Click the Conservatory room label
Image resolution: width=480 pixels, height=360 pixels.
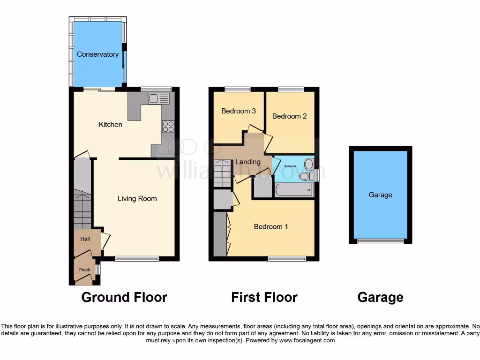pyautogui.click(x=97, y=54)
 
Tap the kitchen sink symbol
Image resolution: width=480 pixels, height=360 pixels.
pyautogui.click(x=158, y=98)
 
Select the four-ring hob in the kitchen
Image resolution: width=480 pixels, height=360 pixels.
pyautogui.click(x=168, y=127)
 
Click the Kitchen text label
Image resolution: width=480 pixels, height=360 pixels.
pyautogui.click(x=110, y=125)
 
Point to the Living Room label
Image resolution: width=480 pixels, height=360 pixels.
pyautogui.click(x=137, y=199)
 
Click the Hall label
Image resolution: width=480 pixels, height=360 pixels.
pyautogui.click(x=85, y=239)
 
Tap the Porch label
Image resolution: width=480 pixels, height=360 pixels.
pyautogui.click(x=84, y=270)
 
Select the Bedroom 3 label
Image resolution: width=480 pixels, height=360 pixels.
pyautogui.click(x=239, y=111)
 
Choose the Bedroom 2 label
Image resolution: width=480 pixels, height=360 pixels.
pyautogui.click(x=289, y=116)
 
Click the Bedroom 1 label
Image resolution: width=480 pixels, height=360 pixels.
pyautogui.click(x=271, y=227)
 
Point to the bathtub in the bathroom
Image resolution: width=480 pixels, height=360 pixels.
pyautogui.click(x=293, y=190)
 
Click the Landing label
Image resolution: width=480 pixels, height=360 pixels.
pyautogui.click(x=247, y=162)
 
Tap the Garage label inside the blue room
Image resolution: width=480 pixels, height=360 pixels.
pyautogui.click(x=380, y=195)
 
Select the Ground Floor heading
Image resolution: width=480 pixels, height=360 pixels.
pyautogui.click(x=124, y=297)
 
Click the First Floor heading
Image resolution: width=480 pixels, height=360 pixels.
pyautogui.click(x=264, y=297)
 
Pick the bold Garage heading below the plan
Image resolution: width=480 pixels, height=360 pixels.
pyautogui.click(x=380, y=297)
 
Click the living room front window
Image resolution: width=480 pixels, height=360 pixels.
pyautogui.click(x=137, y=258)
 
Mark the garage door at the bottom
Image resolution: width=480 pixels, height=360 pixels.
pyautogui.click(x=380, y=241)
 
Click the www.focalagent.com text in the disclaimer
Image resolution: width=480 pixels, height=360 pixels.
pyautogui.click(x=307, y=340)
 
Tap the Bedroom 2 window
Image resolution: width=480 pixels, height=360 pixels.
pyautogui.click(x=291, y=89)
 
